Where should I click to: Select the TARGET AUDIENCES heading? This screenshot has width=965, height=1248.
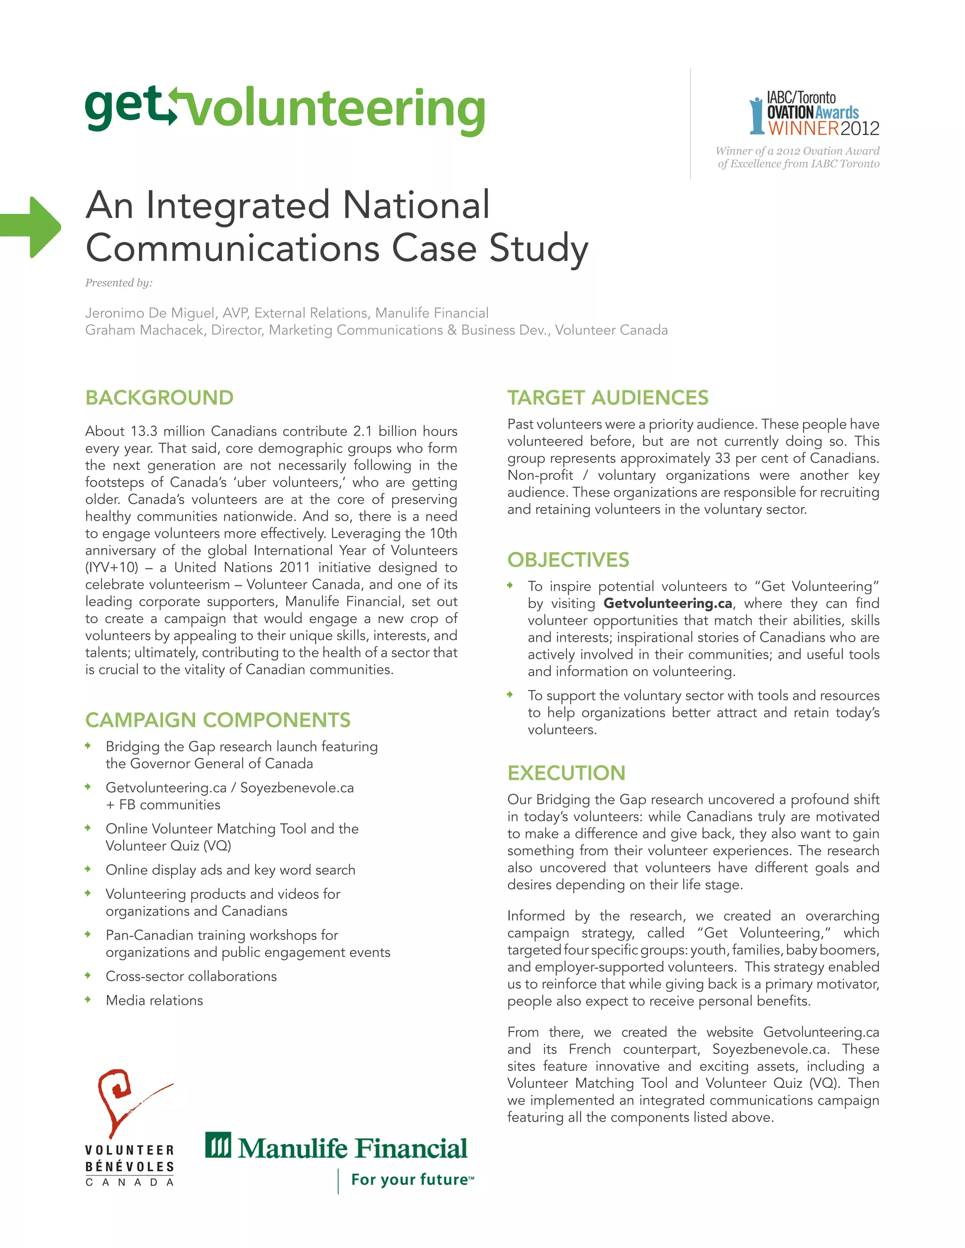[x=608, y=398]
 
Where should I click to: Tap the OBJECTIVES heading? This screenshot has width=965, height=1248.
[x=568, y=560]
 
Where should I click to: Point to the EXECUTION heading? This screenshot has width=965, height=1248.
[x=566, y=773]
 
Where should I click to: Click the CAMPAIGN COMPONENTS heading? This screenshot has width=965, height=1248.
[x=217, y=720]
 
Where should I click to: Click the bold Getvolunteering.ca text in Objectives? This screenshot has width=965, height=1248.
[x=667, y=603]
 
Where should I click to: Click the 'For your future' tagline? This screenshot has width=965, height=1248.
[x=410, y=1179]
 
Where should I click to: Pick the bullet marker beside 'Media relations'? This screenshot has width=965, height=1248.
[x=88, y=999]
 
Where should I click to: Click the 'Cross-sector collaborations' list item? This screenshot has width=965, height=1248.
[x=191, y=976]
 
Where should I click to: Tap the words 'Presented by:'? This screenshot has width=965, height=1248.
[x=119, y=283]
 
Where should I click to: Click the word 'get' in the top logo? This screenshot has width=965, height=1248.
[x=123, y=107]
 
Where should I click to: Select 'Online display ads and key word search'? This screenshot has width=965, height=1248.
[x=230, y=870]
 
